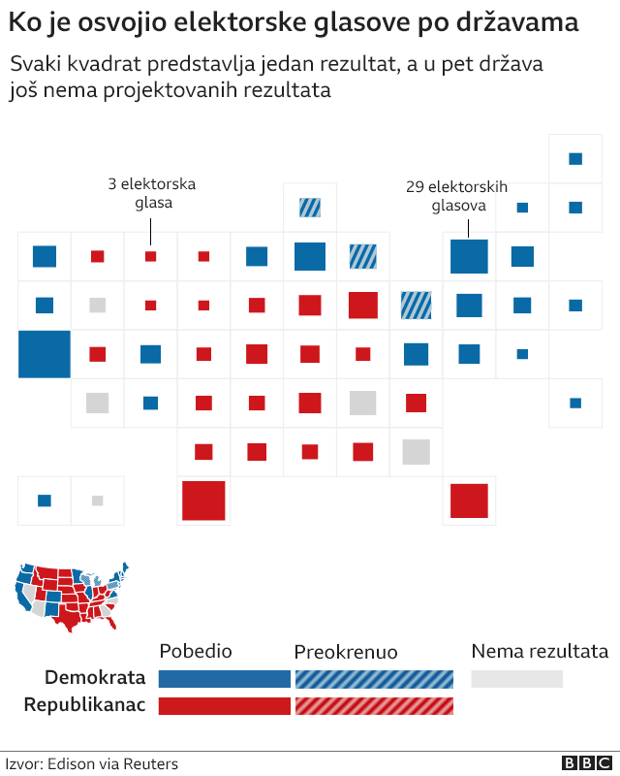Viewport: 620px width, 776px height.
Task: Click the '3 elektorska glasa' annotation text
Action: pyautogui.click(x=152, y=193)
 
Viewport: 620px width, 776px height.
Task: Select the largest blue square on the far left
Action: pyautogui.click(x=45, y=354)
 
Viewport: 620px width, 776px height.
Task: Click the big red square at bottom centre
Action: pyautogui.click(x=203, y=501)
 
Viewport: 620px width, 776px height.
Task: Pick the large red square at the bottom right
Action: pyautogui.click(x=469, y=501)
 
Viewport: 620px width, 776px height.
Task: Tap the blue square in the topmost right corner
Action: pyautogui.click(x=575, y=159)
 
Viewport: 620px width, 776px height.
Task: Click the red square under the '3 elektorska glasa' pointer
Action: pyautogui.click(x=150, y=256)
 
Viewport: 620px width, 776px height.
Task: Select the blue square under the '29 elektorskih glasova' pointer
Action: pyautogui.click(x=469, y=256)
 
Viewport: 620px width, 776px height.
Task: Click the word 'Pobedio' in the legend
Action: pyautogui.click(x=196, y=651)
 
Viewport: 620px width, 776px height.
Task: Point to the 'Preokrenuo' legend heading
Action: pyautogui.click(x=346, y=652)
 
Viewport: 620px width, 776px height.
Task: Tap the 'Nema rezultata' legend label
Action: pyautogui.click(x=540, y=651)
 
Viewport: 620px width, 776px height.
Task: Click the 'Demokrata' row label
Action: pyautogui.click(x=95, y=678)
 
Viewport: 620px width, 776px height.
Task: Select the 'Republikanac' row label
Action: pyautogui.click(x=84, y=705)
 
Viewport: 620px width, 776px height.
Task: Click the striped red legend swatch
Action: pyautogui.click(x=373, y=705)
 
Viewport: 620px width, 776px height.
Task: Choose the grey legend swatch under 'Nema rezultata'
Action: pyautogui.click(x=516, y=678)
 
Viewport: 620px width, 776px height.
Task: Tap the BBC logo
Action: pyautogui.click(x=582, y=763)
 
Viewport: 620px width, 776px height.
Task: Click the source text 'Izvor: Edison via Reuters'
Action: pyautogui.click(x=92, y=764)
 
